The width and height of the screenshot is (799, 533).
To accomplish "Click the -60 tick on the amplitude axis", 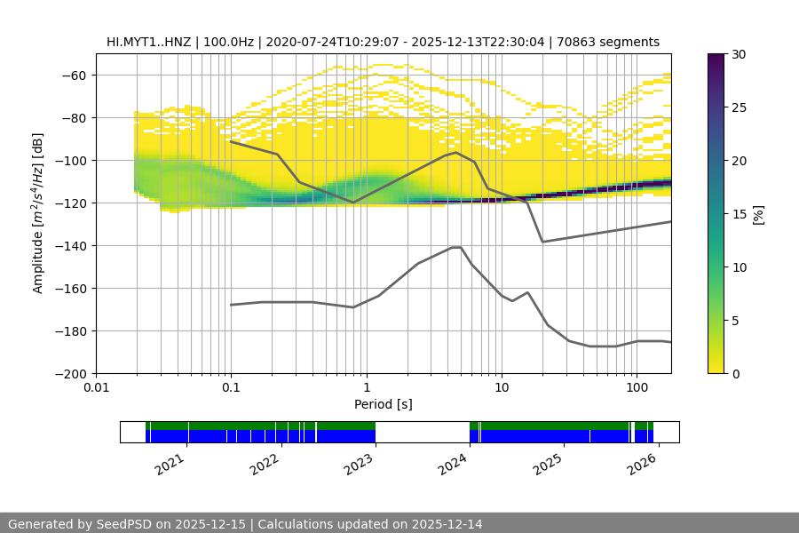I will (74, 76).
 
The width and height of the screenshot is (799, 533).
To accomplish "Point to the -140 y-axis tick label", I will (70, 246).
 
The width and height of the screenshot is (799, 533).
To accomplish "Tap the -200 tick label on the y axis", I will (70, 374).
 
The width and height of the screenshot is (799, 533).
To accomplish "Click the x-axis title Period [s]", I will (384, 404).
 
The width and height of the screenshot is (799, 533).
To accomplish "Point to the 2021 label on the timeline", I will (171, 463).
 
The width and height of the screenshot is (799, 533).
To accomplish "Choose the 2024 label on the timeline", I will (454, 463).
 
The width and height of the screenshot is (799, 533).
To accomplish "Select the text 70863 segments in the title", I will (614, 42).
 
